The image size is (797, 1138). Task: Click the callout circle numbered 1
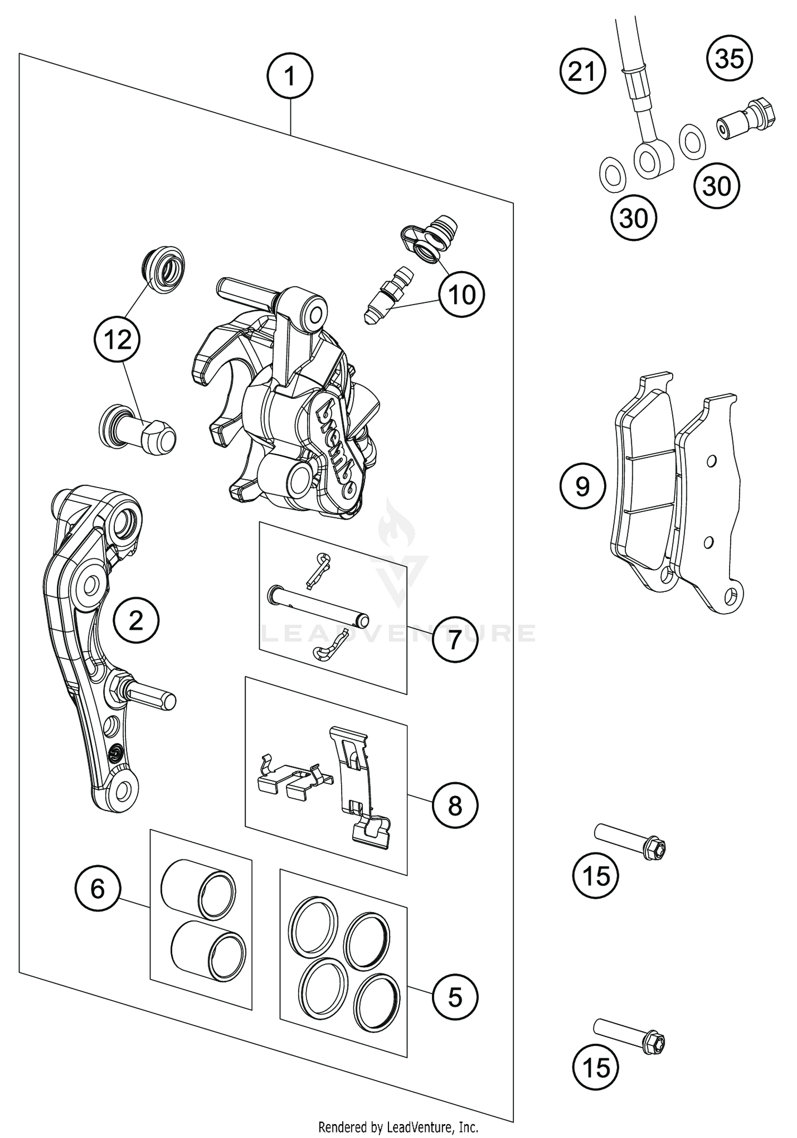pyautogui.click(x=290, y=77)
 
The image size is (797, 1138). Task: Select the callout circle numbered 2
pyautogui.click(x=136, y=620)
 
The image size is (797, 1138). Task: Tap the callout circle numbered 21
pyautogui.click(x=583, y=71)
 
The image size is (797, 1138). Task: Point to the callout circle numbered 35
pyautogui.click(x=730, y=58)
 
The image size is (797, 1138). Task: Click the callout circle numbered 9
pyautogui.click(x=583, y=486)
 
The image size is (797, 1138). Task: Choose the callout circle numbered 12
pyautogui.click(x=117, y=339)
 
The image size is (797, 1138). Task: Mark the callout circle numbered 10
pyautogui.click(x=462, y=294)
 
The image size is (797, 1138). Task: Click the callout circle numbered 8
pyautogui.click(x=455, y=806)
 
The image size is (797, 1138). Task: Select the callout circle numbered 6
pyautogui.click(x=98, y=889)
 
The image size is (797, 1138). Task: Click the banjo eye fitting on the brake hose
pyautogui.click(x=652, y=159)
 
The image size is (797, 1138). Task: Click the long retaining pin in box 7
pyautogui.click(x=318, y=605)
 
